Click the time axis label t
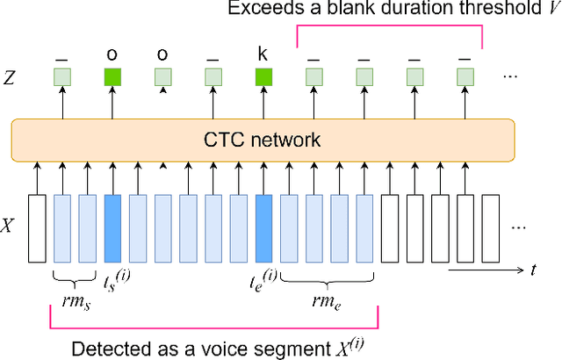533,270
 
